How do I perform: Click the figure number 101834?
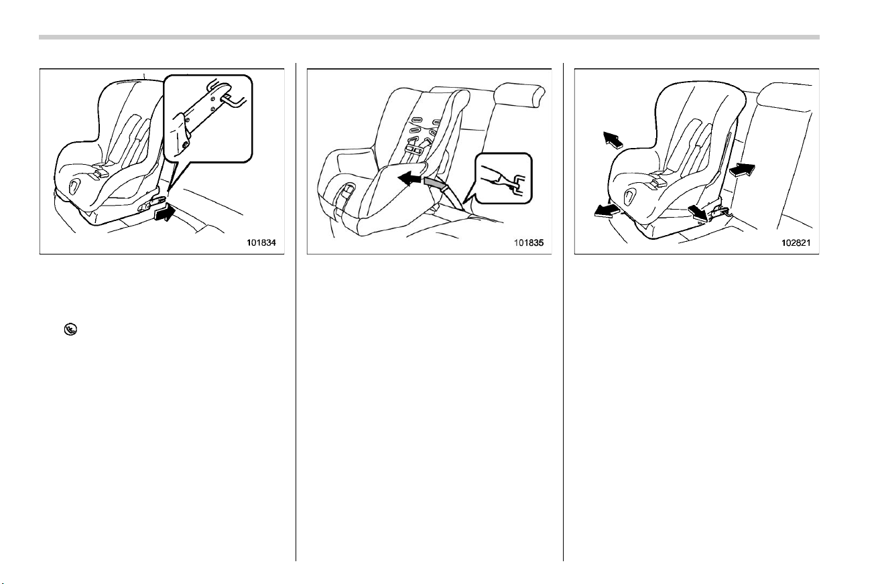coord(261,242)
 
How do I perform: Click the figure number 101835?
coord(529,242)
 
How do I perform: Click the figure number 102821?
coord(796,242)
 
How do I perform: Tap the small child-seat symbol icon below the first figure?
coord(71,330)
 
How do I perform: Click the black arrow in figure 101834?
coord(165,212)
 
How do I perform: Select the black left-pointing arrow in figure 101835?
coord(411,179)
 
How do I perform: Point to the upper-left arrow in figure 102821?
coord(613,140)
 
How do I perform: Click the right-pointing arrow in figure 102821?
coord(742,169)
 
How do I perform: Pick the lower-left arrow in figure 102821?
coord(607,210)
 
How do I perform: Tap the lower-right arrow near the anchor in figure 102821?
coord(698,214)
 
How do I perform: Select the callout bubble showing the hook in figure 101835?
coord(503,178)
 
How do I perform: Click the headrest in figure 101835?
coord(519,95)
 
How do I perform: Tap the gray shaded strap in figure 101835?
coord(436,182)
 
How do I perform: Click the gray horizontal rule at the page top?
coord(429,38)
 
